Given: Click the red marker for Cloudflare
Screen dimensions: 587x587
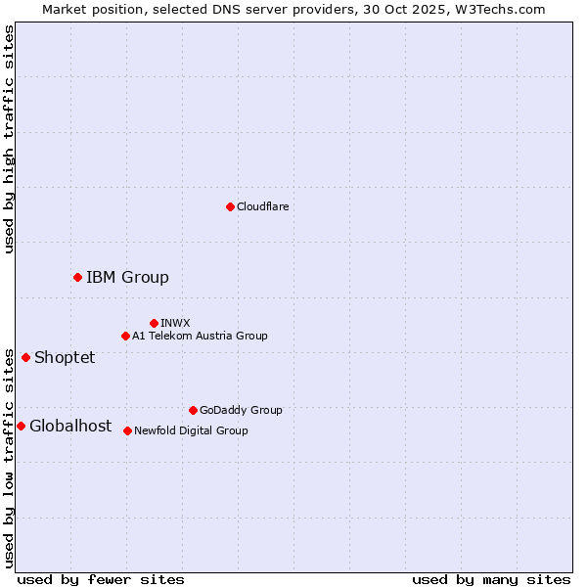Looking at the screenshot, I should pos(230,206).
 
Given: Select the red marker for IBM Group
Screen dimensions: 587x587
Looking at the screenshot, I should pos(77,277).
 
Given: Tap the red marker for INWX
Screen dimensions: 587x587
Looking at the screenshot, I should pos(154,323).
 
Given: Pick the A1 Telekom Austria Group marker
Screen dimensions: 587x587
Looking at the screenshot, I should pos(125,336).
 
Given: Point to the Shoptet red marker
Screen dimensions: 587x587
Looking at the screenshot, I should pos(25,357).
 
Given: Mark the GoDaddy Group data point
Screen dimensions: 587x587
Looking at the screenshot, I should pos(193,410).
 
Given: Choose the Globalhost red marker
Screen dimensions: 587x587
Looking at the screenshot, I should pos(21,426).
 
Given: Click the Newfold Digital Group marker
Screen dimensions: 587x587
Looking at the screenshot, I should pos(127,430).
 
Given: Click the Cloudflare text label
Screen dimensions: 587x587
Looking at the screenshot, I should pos(263,206).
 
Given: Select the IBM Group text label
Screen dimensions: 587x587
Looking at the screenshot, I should pos(127,277).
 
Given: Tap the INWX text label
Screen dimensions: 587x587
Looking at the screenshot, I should pos(175,323).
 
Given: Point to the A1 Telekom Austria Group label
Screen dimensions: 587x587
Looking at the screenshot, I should pos(200,336).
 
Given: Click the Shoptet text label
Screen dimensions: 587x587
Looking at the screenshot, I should pos(65,357).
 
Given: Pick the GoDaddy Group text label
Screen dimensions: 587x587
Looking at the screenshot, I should pos(241,410).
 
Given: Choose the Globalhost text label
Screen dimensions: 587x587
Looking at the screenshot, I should pos(70,426).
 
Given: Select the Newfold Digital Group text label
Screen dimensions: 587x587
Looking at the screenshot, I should pos(191,430).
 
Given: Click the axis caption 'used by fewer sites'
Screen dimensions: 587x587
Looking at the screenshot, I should pos(101,579).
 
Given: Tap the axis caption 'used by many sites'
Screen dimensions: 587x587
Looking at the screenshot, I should pos(491,579).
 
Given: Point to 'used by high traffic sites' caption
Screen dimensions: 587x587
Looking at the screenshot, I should pos(9,139).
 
